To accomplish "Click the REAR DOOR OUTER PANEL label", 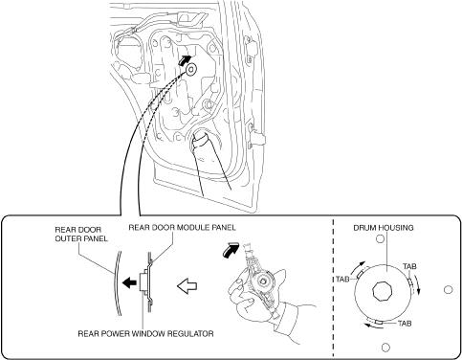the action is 81,234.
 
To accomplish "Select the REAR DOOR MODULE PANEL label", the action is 182,227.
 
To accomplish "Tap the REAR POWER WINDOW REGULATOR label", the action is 145,333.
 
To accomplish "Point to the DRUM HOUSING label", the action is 384,228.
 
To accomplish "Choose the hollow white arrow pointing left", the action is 187,286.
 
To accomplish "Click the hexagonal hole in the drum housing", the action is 382,291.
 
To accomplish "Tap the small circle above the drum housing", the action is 380,238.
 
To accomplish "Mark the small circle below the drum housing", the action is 385,347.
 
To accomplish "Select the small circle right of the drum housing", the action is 448,289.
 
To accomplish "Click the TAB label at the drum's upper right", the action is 409,266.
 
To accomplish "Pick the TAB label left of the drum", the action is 342,280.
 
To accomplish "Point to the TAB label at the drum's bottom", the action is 405,324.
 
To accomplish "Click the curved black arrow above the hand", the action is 231,249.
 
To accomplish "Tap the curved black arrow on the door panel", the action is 185,60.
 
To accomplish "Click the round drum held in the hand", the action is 263,281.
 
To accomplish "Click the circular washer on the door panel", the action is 191,69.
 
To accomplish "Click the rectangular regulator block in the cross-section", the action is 143,282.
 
